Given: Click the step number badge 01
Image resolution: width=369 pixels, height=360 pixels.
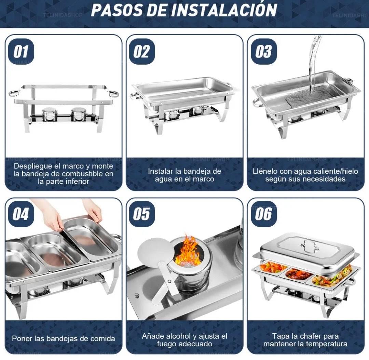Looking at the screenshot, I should pos(21,52).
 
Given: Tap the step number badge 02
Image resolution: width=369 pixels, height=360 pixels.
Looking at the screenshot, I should pos(141,52).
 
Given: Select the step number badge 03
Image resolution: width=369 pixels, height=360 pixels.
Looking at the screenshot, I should pos(263,52).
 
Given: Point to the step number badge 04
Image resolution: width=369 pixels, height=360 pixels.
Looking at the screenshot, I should pos(21,214).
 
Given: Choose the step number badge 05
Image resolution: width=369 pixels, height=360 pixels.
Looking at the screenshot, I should pos(141,214).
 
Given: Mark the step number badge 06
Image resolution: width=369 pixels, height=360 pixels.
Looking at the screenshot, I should pos(263,214).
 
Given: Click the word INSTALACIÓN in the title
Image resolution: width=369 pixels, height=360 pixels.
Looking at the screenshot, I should pos(224,10).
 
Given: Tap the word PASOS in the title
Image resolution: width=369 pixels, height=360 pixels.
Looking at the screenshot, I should pos(117,10).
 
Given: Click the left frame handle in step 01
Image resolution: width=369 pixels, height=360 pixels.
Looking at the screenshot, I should pos(14,93).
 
